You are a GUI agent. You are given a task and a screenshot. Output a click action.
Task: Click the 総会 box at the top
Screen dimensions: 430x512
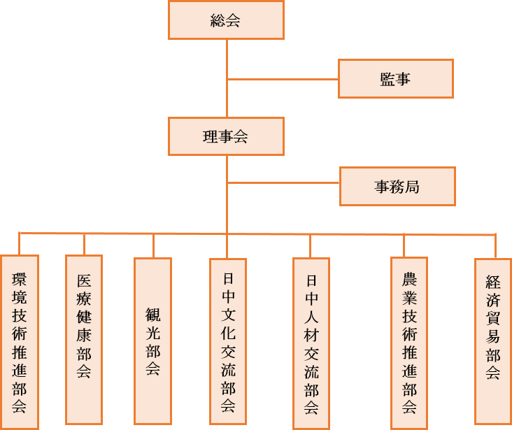[x=226, y=20]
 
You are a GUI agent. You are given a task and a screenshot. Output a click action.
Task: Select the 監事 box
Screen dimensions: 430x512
[x=395, y=78]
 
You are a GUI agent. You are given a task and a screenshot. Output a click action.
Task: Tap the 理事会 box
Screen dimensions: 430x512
[x=226, y=136]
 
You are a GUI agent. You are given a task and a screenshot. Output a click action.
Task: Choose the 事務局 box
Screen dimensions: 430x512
[x=397, y=186]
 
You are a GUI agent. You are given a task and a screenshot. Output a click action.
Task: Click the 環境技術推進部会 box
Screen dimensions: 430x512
[x=20, y=342]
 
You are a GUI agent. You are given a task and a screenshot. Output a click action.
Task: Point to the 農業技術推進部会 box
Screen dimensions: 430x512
[x=409, y=341]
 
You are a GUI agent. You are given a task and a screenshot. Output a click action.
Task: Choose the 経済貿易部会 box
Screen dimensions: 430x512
[x=493, y=341]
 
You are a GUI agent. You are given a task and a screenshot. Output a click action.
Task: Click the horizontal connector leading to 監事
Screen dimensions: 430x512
[x=283, y=79]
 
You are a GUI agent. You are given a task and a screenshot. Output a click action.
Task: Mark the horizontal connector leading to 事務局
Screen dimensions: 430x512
[x=283, y=184]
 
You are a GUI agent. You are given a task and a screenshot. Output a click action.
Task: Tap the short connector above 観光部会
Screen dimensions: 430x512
[x=153, y=246]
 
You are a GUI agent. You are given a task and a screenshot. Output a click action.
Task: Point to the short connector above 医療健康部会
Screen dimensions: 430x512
[x=84, y=244]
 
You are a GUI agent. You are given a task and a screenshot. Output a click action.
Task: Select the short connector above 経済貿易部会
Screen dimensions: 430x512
[x=495, y=247]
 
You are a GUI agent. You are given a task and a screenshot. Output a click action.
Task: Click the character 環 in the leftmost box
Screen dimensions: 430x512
[x=20, y=279]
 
